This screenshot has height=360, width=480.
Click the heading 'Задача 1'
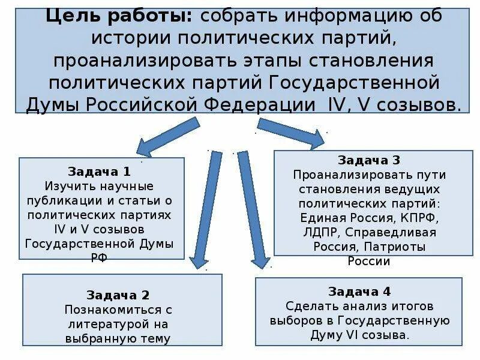coord(101,171)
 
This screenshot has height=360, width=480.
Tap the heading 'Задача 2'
coord(118,295)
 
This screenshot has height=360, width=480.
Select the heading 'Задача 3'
coord(369,160)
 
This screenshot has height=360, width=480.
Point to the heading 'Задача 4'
coord(359,292)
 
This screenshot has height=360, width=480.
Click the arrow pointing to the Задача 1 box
coord(168,135)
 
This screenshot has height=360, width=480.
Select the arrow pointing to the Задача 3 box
coord(291,133)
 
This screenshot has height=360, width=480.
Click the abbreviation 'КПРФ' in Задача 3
coord(421,218)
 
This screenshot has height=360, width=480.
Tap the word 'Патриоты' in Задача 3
coord(400,247)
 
